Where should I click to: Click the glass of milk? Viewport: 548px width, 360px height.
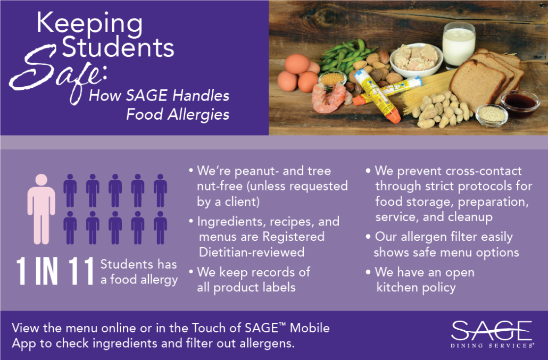coord(459,45)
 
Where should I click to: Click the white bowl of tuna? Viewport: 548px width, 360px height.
coord(416,59)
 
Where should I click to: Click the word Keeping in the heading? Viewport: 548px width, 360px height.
coord(90,23)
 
